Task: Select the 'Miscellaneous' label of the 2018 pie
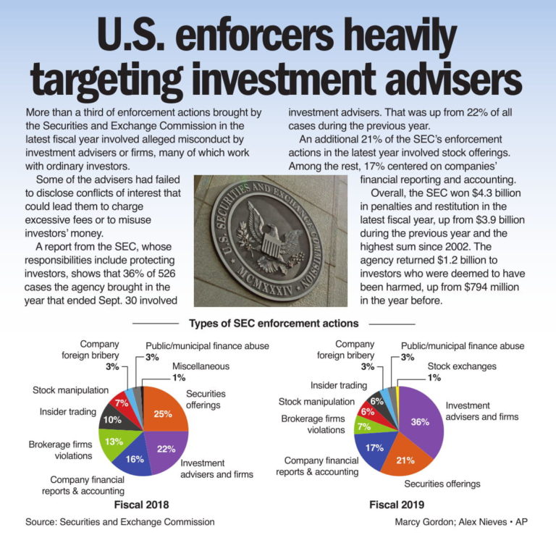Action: pyautogui.click(x=201, y=366)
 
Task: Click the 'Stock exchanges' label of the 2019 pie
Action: pyautogui.click(x=461, y=366)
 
